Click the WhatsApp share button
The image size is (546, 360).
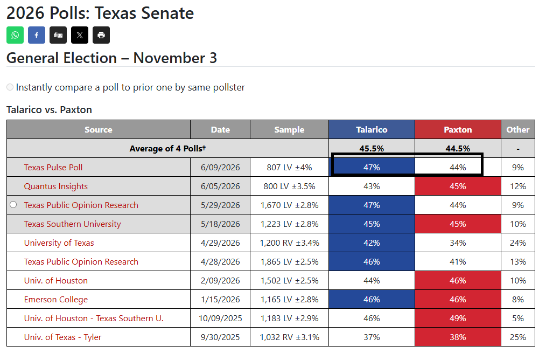point(15,35)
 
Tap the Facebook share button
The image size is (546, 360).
point(37,35)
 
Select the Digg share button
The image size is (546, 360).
point(58,35)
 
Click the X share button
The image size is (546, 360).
point(80,35)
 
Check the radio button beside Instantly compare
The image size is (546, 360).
point(10,87)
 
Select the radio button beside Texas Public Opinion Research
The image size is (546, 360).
point(13,205)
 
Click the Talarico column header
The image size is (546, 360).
point(372,130)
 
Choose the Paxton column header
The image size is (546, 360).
point(458,130)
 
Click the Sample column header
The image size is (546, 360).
point(289,130)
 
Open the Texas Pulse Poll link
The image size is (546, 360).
point(53,167)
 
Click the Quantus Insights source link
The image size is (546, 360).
point(55,186)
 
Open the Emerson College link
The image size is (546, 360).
point(55,299)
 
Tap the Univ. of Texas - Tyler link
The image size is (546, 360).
point(62,337)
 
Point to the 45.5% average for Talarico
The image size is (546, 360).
point(372,148)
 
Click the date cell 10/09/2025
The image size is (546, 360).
point(220,318)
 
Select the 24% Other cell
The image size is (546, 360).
point(518,243)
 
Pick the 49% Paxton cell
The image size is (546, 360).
point(458,318)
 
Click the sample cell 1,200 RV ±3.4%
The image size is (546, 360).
point(289,243)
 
